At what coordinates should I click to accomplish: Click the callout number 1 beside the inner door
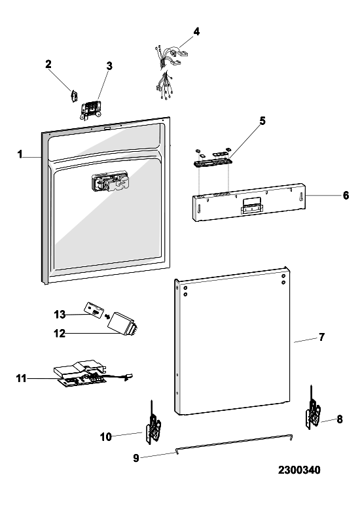[x=20, y=154]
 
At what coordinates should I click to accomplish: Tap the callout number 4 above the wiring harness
[x=196, y=31]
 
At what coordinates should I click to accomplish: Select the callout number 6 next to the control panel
[x=346, y=196]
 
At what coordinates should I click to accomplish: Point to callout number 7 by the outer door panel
[x=321, y=338]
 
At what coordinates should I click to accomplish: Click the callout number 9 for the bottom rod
[x=136, y=458]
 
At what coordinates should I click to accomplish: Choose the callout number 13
[x=60, y=314]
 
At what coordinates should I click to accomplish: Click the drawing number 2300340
[x=299, y=470]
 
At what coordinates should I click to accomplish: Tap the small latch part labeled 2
[x=74, y=96]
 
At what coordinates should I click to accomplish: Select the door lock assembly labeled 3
[x=91, y=110]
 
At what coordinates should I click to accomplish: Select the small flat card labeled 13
[x=94, y=308]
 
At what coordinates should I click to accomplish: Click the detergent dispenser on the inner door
[x=110, y=182]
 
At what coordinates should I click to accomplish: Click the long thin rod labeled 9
[x=234, y=443]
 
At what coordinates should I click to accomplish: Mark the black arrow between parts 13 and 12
[x=107, y=316]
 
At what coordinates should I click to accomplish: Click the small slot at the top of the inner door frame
[x=106, y=129]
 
